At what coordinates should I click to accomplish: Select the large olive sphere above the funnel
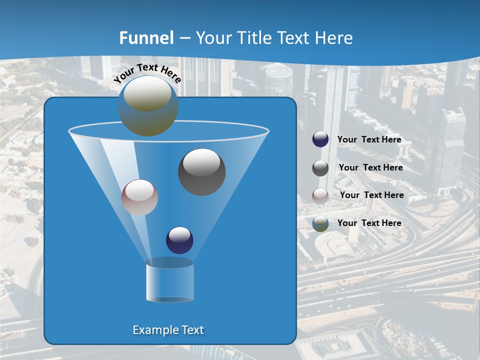coord(148,105)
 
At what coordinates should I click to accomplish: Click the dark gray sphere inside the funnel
coord(201,172)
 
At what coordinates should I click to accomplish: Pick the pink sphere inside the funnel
coord(139,197)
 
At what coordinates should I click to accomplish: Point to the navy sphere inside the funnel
coord(179,240)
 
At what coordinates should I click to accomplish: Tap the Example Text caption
coord(168,330)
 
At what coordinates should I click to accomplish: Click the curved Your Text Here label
coord(147,73)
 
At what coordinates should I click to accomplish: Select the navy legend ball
coord(320,139)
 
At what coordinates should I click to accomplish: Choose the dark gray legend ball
coord(320,168)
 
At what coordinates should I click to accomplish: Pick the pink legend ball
coord(320,195)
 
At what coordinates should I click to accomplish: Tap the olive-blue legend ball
coord(320,223)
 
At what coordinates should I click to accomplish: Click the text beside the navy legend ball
coord(369,140)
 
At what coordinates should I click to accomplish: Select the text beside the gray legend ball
coord(370,168)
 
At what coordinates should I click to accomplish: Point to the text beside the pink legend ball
coord(371,195)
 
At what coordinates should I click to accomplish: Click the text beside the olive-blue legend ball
coord(369,223)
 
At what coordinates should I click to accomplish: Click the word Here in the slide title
coord(334,38)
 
